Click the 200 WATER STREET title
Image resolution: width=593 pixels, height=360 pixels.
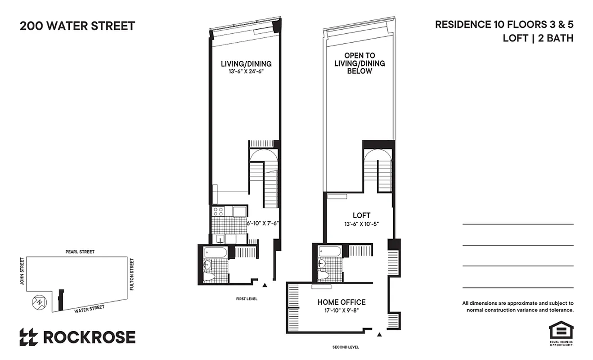click(77, 26)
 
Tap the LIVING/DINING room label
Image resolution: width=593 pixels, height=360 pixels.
click(246, 63)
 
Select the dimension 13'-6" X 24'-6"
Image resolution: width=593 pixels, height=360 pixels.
click(246, 71)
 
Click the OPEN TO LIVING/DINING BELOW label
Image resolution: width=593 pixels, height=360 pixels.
click(359, 63)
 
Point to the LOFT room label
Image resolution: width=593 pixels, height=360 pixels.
click(362, 216)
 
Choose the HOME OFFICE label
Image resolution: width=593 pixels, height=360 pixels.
click(341, 302)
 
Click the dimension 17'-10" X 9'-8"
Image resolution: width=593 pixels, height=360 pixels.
click(341, 310)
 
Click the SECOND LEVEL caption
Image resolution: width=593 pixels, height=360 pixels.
click(346, 347)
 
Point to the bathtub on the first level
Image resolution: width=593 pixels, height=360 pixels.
click(216, 252)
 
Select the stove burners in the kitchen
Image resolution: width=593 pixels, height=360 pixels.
click(218, 211)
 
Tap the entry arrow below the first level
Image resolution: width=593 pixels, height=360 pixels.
click(265, 285)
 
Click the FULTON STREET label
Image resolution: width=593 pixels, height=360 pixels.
click(132, 274)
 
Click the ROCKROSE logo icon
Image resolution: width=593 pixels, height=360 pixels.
click(28, 337)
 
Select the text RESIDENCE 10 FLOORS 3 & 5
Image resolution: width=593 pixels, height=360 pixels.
click(504, 25)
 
